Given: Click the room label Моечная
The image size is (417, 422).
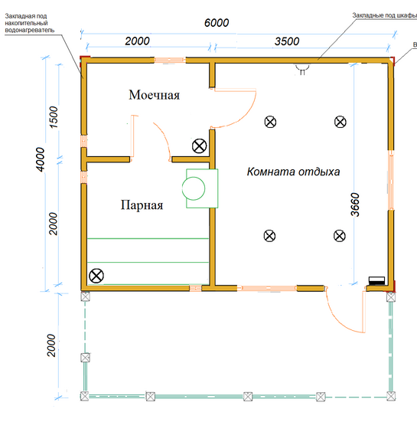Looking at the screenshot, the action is point(154,95).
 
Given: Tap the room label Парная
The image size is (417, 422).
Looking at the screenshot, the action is point(142,205).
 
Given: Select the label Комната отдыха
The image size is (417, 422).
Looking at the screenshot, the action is point(293,172).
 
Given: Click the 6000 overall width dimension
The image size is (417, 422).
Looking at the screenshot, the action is point(217,23).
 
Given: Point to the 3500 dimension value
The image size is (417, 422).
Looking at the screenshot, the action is point(287,41).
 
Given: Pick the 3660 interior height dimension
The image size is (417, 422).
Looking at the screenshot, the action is point(355,204).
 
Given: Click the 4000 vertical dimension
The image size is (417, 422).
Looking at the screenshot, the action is point(41,159).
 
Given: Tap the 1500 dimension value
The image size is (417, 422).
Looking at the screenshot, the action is point(54,117).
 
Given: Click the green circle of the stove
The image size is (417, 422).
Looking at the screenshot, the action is point(194,188).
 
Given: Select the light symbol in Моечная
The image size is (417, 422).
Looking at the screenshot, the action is point(200,146).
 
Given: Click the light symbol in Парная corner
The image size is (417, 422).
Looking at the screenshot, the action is point(96,276).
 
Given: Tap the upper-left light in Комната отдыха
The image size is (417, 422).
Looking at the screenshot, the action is point(270,122).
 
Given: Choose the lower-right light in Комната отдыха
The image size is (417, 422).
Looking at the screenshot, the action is point(340,236).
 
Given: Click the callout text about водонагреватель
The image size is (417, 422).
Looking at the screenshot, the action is point(30,23).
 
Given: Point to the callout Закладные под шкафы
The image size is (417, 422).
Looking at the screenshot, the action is point(384,15).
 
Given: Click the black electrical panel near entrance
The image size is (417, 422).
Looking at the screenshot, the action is point(376,281).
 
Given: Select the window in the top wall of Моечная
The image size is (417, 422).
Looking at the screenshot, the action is point(170,60).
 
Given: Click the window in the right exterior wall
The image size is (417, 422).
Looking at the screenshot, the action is point(391,180).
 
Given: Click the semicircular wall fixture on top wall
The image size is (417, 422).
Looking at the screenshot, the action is point(302,68).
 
